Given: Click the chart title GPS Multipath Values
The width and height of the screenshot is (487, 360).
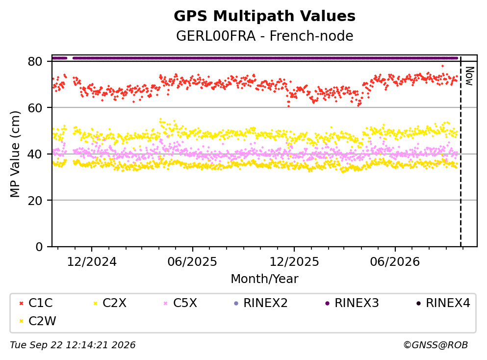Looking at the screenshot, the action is [x=264, y=16].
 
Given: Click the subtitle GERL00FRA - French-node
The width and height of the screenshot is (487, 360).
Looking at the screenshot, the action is [x=264, y=36].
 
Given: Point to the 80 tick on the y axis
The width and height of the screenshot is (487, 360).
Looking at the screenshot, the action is [x=35, y=61].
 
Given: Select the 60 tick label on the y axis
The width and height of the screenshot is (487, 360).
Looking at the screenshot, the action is [x=35, y=108].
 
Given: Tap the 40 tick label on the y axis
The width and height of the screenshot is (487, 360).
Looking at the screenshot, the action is [x=35, y=154].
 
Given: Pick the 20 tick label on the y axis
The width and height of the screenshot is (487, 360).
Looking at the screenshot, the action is [x=35, y=200].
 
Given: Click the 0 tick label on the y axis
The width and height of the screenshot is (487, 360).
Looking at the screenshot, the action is [x=39, y=247].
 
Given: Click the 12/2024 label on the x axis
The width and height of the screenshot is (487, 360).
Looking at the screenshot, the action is [x=92, y=262].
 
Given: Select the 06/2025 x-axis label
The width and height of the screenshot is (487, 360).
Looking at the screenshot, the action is [x=192, y=262].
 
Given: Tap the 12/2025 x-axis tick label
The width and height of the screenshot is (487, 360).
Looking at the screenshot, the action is [x=294, y=262].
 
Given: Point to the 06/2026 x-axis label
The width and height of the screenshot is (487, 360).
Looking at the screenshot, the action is [x=395, y=262].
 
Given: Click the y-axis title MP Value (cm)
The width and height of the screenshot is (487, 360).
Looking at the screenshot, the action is [x=15, y=154].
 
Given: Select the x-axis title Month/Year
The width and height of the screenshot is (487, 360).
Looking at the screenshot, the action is [x=264, y=279].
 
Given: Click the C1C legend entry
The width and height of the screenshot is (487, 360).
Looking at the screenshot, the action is [x=36, y=303].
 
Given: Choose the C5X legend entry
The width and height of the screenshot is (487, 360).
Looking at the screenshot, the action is [x=180, y=303].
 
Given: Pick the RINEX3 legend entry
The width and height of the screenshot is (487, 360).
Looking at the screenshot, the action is [x=352, y=303].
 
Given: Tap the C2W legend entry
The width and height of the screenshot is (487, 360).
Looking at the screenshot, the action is [x=37, y=321].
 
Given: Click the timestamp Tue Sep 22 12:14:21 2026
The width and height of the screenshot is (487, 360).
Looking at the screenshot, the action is [x=73, y=345].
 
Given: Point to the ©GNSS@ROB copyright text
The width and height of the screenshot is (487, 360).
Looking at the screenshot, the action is [x=436, y=345].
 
